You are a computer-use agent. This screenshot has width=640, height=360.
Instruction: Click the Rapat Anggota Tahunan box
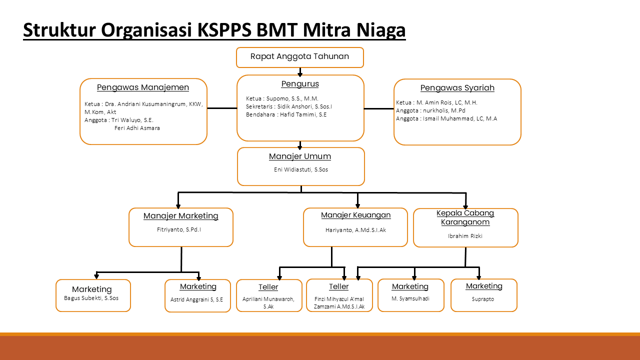tap(299, 57)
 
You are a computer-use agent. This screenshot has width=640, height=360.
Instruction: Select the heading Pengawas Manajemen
tap(143, 87)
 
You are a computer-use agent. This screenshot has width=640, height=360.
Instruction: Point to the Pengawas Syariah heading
tap(457, 88)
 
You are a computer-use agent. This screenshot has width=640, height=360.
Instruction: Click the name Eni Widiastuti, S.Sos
tap(301, 169)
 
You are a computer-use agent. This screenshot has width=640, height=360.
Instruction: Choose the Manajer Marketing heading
tap(181, 216)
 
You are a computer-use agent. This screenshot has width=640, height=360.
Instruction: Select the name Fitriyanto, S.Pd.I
tap(179, 230)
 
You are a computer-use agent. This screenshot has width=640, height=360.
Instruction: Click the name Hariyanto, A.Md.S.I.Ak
tap(355, 230)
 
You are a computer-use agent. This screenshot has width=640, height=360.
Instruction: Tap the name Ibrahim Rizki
tap(465, 236)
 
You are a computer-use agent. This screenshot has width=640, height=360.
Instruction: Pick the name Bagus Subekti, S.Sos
tap(91, 298)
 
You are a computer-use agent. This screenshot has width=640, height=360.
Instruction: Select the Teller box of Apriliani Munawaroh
tap(268, 295)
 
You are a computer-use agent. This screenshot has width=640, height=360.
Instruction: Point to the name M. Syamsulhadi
tap(410, 299)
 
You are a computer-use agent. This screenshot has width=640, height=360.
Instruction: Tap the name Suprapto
tap(483, 299)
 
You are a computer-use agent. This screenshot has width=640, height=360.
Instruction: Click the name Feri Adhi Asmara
tap(137, 128)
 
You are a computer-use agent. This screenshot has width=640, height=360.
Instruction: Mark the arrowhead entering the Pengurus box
tap(300, 74)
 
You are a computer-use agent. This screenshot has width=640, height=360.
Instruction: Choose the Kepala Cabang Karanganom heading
tap(465, 217)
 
